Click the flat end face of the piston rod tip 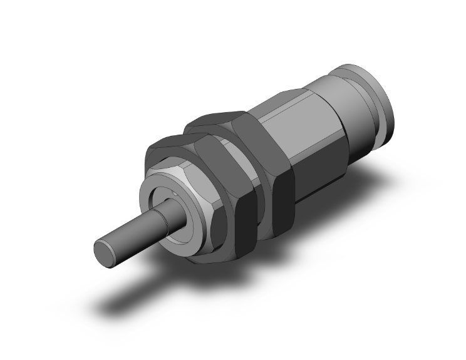105,249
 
